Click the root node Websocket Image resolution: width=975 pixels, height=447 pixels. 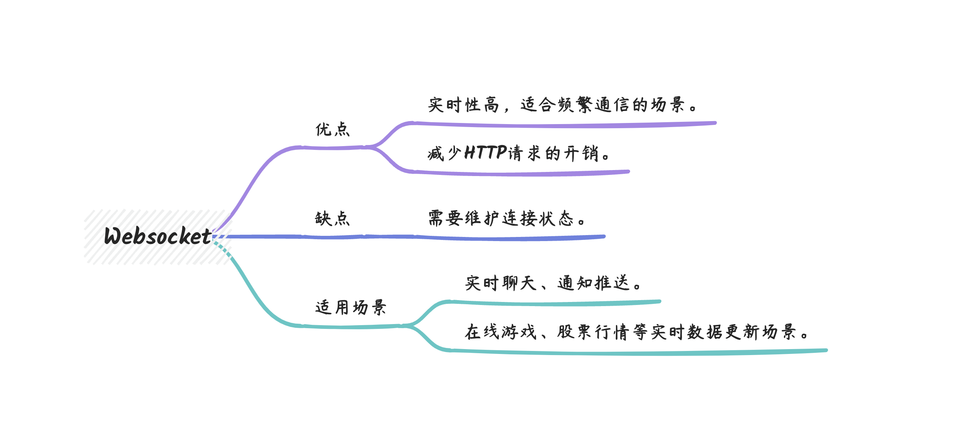click(x=158, y=236)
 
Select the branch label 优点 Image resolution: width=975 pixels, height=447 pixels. click(x=332, y=129)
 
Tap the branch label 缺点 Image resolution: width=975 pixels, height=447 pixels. click(x=332, y=219)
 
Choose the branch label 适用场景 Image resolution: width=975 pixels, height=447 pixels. click(x=351, y=307)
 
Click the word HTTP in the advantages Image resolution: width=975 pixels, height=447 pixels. click(x=485, y=152)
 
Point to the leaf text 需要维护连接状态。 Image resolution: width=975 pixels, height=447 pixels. click(x=507, y=219)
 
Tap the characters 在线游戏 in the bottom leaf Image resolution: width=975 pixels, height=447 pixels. click(x=501, y=332)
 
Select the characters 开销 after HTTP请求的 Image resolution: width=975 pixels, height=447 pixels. click(x=581, y=153)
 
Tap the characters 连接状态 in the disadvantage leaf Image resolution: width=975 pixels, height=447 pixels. click(x=538, y=219)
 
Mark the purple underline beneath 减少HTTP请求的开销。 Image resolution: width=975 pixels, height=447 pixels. click(x=522, y=173)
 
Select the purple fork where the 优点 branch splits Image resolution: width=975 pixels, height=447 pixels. click(x=373, y=147)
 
